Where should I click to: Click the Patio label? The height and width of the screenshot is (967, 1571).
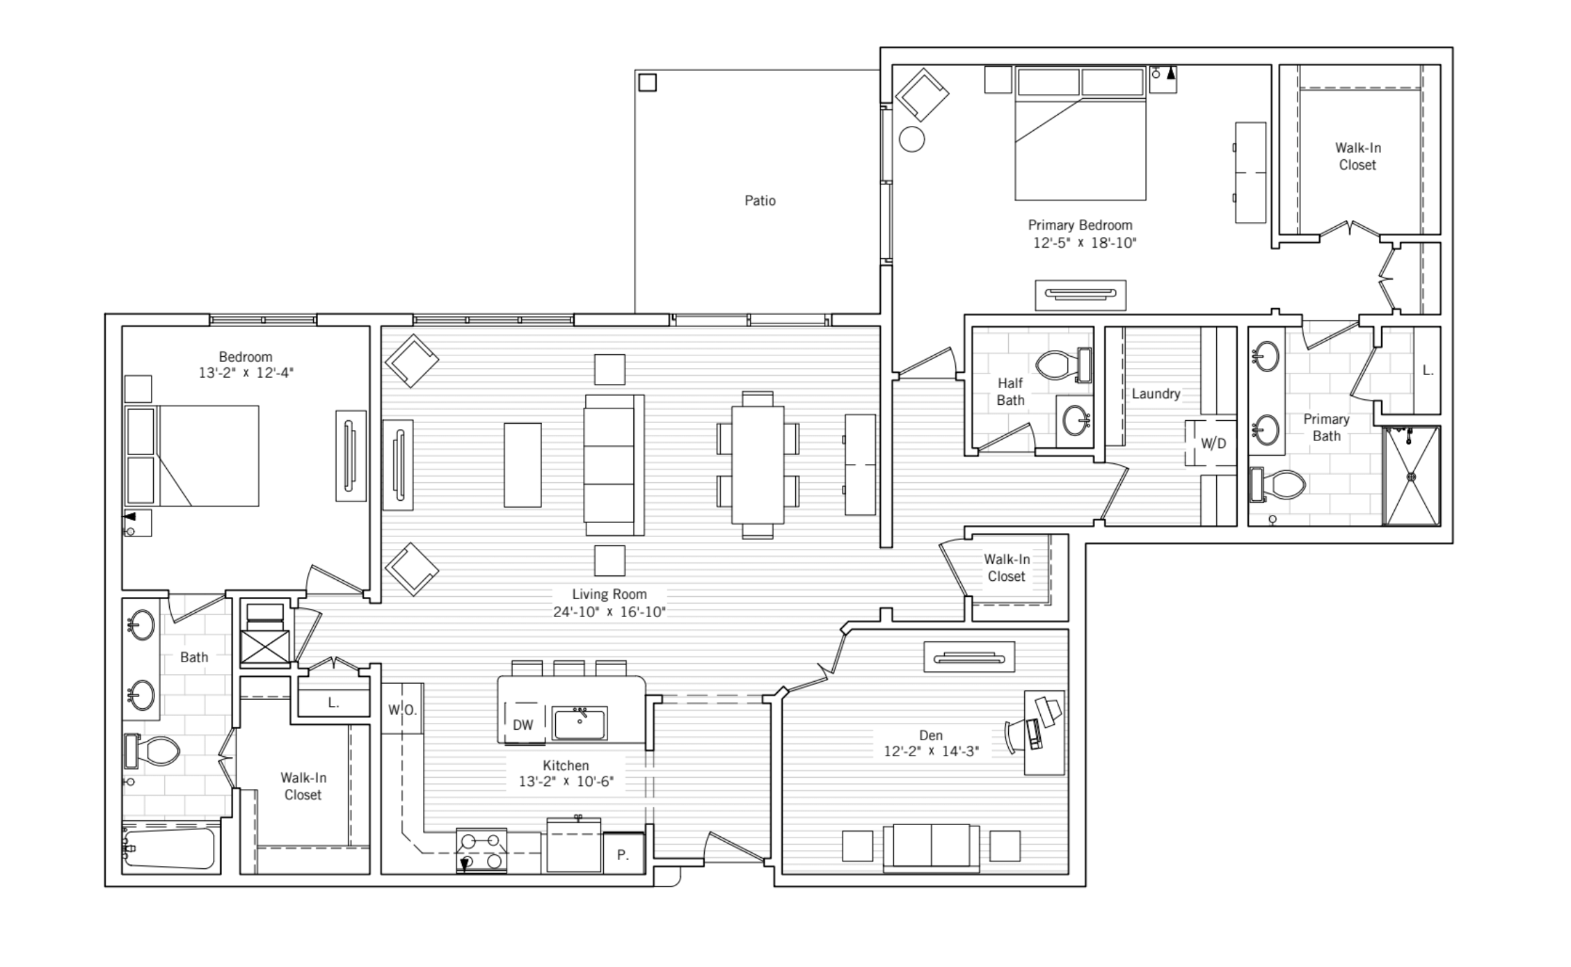(x=760, y=200)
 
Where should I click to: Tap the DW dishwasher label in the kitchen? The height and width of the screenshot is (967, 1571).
(x=523, y=725)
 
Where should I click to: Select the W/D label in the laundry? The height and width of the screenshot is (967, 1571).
(x=1213, y=443)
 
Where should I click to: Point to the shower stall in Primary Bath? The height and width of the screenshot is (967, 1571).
(x=1412, y=477)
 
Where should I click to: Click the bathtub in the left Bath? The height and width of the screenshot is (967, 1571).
(x=168, y=847)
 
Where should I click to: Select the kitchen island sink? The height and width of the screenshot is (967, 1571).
(x=580, y=723)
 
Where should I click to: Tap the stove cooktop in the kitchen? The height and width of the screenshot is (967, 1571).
(x=481, y=850)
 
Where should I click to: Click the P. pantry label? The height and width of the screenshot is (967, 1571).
(x=623, y=855)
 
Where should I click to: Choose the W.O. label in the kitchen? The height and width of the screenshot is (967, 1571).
(x=402, y=710)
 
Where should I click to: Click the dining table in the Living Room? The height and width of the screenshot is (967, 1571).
(x=758, y=465)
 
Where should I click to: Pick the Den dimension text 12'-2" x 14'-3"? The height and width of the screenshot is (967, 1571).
(x=931, y=751)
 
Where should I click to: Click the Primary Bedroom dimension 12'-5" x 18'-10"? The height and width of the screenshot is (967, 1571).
(x=1084, y=243)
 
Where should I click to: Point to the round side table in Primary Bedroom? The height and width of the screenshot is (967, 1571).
(x=911, y=139)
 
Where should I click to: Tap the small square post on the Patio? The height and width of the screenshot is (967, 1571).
(x=647, y=82)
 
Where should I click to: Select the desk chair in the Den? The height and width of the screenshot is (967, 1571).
(x=1018, y=736)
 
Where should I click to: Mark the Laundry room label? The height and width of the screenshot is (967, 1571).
(x=1156, y=394)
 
